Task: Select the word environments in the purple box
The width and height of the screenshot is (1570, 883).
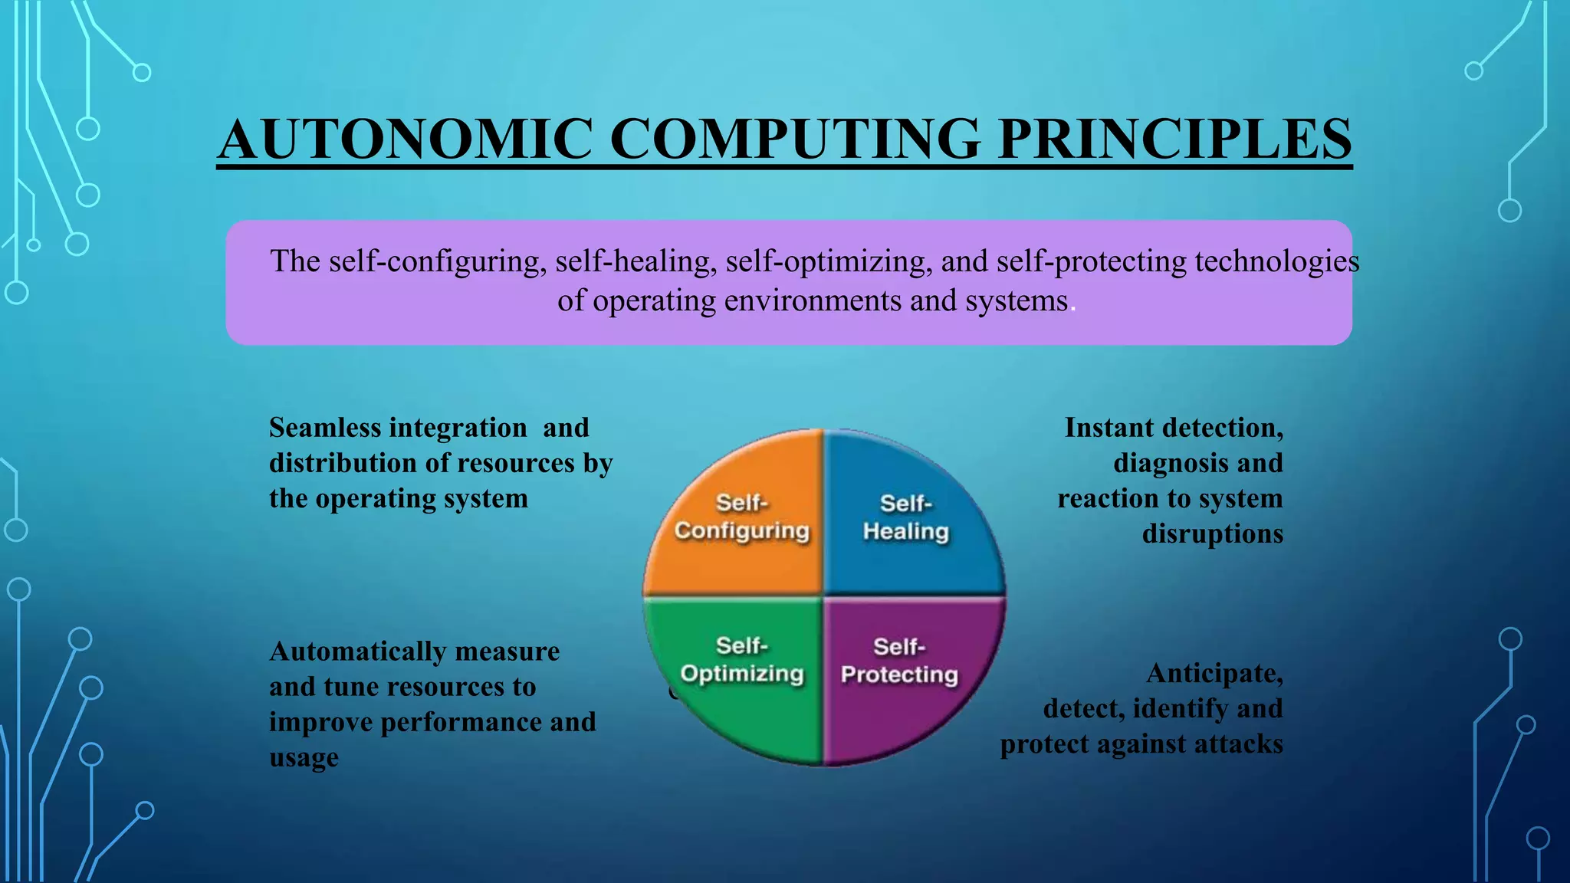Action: [x=812, y=301]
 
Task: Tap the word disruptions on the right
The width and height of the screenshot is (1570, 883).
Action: [x=1212, y=533]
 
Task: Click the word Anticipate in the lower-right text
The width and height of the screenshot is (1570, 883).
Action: [x=1214, y=673]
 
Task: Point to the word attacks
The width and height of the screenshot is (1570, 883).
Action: [x=1236, y=744]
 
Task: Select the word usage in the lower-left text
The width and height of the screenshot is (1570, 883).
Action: [x=304, y=758]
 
